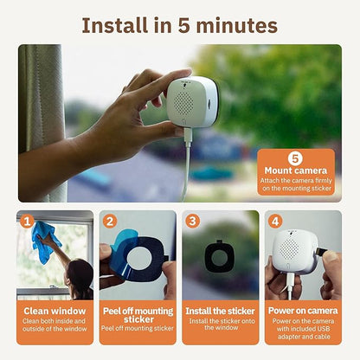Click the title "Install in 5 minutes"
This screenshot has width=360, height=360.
point(179,24)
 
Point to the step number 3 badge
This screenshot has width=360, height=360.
point(191,221)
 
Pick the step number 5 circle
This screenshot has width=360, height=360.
point(294,158)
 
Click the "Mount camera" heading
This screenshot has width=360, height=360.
point(295,171)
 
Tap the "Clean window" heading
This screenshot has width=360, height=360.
point(55,310)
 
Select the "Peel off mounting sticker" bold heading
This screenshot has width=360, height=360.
point(137,315)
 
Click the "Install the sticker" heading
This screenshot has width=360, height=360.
point(220,310)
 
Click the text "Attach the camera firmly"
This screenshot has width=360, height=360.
point(295,181)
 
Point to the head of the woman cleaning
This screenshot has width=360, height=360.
point(80,276)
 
